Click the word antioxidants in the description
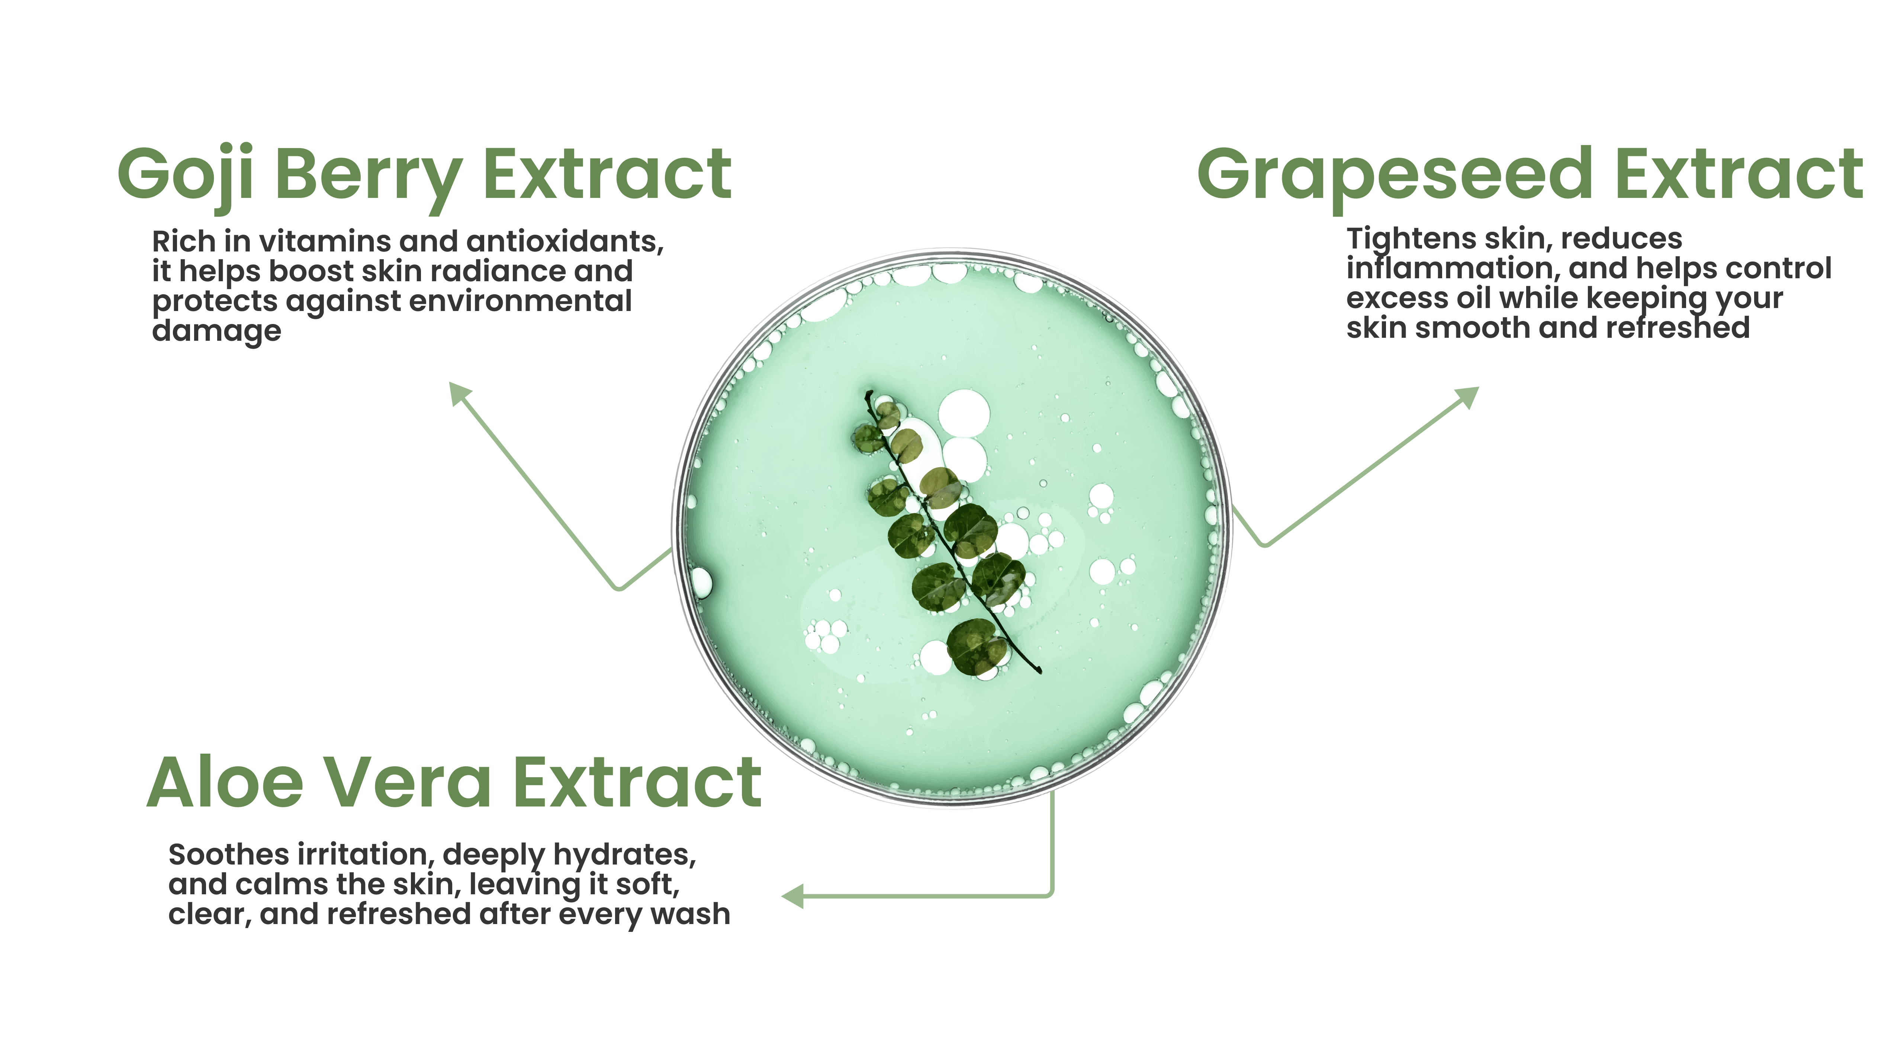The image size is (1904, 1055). click(x=565, y=242)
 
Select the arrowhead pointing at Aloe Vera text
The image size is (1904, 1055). click(x=792, y=896)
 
